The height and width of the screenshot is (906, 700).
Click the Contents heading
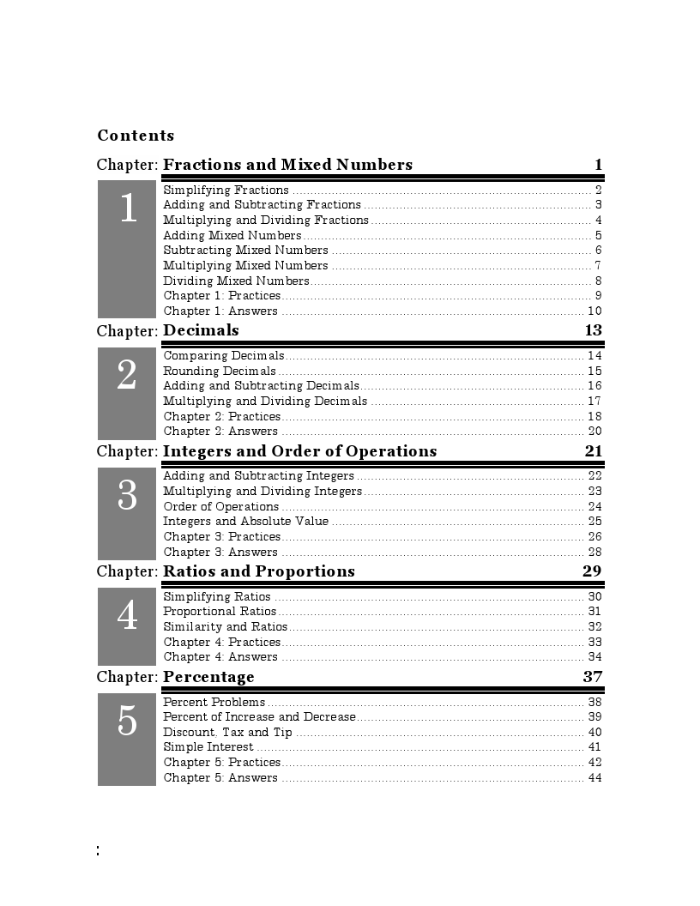(x=136, y=136)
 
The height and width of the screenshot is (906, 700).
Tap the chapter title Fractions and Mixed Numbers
(x=287, y=165)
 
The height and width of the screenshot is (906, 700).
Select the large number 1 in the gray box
(x=128, y=208)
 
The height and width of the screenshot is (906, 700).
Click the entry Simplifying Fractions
(x=226, y=190)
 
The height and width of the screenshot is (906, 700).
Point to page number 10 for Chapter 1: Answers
(x=594, y=311)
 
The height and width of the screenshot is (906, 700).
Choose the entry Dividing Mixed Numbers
(x=236, y=281)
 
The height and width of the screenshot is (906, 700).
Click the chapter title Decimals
(x=201, y=330)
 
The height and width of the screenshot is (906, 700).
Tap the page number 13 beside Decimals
(x=593, y=330)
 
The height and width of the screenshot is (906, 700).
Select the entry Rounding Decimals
(x=220, y=371)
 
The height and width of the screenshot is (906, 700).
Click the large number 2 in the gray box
(x=127, y=376)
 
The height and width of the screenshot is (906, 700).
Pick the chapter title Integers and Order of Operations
(x=299, y=451)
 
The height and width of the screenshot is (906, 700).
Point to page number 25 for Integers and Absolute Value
(x=594, y=522)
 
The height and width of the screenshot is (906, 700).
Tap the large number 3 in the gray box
(x=127, y=496)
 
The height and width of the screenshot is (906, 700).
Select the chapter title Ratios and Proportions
(x=258, y=571)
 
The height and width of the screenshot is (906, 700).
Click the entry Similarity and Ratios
(x=225, y=627)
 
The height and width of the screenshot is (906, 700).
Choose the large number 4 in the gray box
(x=127, y=616)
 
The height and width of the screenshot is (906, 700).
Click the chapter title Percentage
(x=208, y=677)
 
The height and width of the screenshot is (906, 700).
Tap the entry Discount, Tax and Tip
(x=227, y=733)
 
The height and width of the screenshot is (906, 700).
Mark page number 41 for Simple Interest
(x=594, y=747)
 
